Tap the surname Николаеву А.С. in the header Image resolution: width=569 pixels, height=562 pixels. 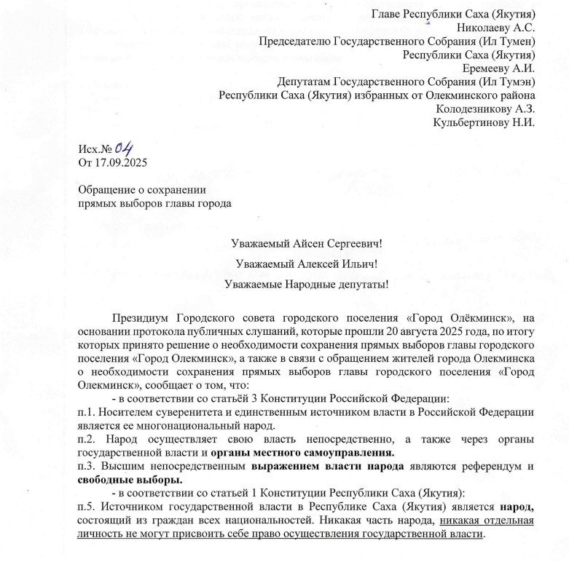[x=495, y=28]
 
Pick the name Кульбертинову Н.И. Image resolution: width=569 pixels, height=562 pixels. [x=484, y=122]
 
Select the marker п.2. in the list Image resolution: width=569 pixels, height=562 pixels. [x=89, y=439]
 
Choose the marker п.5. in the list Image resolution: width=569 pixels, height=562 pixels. [x=89, y=506]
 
